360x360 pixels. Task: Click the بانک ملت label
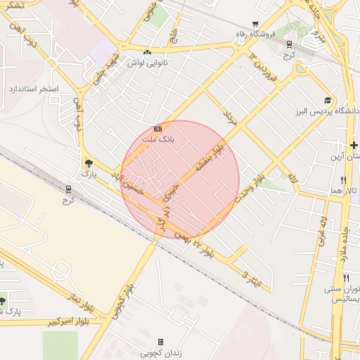(157, 140)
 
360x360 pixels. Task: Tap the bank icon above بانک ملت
(157, 129)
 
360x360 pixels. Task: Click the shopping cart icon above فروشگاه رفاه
(255, 23)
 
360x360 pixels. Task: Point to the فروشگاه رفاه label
(255, 33)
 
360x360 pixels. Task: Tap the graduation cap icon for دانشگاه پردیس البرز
(327, 100)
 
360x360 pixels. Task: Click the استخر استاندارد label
(33, 89)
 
